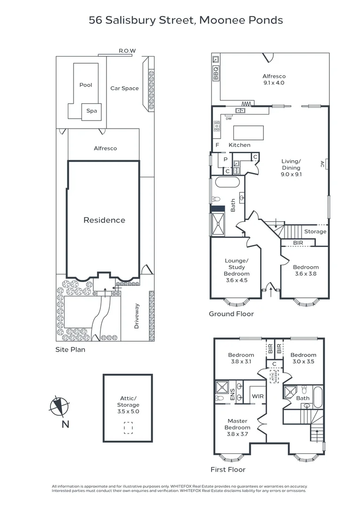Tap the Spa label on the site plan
click(x=91, y=111)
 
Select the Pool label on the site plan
click(x=86, y=85)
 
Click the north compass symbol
click(x=59, y=406)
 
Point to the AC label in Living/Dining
click(x=322, y=164)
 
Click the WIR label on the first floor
click(x=257, y=397)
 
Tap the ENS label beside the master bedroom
click(x=232, y=394)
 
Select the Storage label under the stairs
click(x=315, y=231)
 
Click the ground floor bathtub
click(x=228, y=183)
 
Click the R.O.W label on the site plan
click(x=127, y=51)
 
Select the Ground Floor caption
click(x=231, y=314)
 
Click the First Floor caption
click(x=229, y=469)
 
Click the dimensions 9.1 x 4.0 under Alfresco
click(x=274, y=83)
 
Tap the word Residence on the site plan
click(x=104, y=220)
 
